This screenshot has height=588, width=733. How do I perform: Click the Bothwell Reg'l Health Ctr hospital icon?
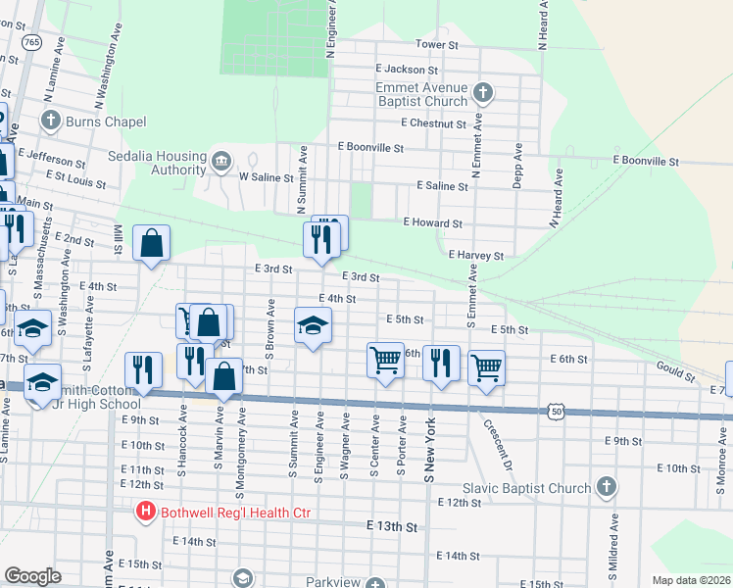coord(146,511)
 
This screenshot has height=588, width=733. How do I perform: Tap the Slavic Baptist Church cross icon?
coord(607,486)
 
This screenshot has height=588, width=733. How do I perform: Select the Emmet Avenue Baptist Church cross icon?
coord(481,93)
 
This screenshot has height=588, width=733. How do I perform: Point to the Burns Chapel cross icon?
coord(51,122)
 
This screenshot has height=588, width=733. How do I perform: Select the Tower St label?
coord(437,45)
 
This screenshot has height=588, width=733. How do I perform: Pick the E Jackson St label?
coord(406,70)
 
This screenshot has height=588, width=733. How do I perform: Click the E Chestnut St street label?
coord(432,124)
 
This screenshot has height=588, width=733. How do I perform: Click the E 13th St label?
coord(391,526)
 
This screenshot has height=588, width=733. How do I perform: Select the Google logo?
coord(33,576)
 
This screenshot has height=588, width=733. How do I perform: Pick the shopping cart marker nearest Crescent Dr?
coord(487,368)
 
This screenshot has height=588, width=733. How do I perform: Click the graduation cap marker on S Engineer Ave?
coord(314,325)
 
